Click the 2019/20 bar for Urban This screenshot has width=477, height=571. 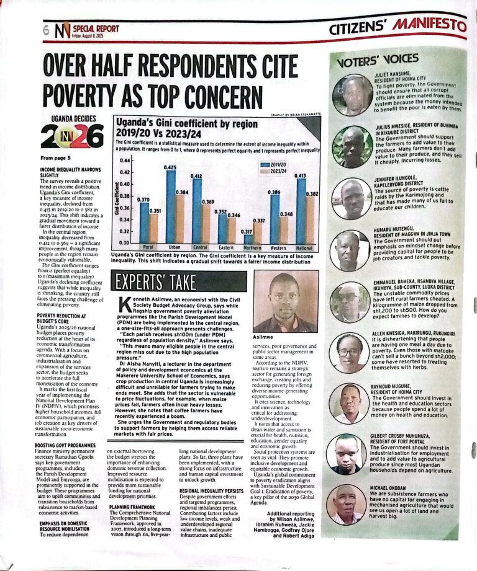pos(169,205)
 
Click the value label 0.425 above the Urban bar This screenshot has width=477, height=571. pos(169,167)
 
